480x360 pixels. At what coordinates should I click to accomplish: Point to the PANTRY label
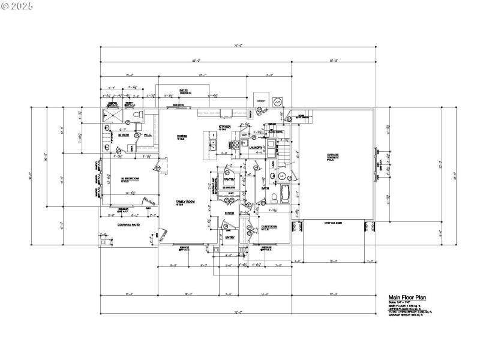(229, 179)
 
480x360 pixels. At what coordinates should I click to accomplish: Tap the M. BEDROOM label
(130, 179)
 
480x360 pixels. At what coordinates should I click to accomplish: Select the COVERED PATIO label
(128, 224)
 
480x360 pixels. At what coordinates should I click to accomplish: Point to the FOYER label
(229, 213)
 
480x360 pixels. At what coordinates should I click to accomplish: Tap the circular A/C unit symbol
(277, 102)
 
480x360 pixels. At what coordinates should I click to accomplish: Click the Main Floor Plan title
(407, 297)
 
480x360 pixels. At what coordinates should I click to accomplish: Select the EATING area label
(181, 137)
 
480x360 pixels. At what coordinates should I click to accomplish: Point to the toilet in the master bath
(137, 113)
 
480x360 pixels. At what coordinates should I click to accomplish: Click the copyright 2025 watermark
(18, 5)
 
